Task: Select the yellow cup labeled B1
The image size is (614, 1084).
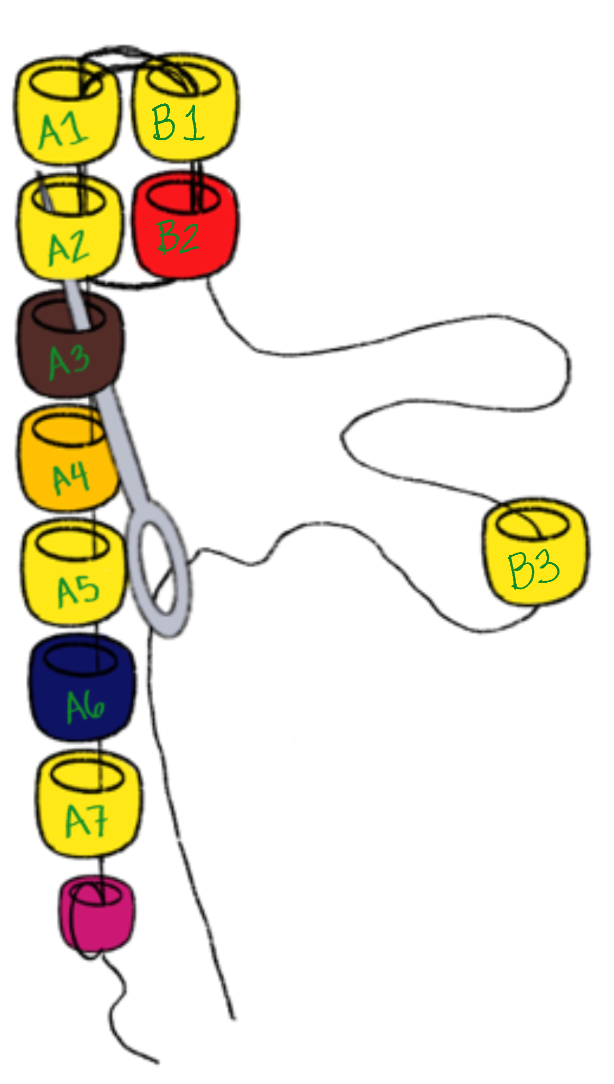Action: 184,111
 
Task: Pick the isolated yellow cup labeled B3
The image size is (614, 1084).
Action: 534,553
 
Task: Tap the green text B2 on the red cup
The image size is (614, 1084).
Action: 178,238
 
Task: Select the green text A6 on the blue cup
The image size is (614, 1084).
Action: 85,707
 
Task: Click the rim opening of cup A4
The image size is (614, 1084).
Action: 69,429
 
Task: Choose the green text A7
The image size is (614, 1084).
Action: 87,821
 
